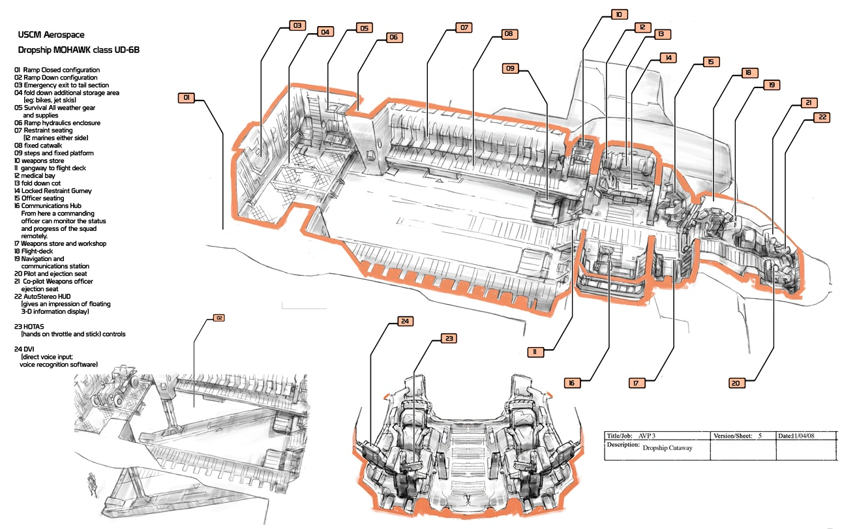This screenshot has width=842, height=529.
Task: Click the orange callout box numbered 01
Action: (x=186, y=98)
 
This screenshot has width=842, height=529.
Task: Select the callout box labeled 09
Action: (x=510, y=68)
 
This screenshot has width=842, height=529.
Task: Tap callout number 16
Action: (x=572, y=383)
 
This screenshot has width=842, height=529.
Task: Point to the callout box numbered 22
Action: (x=822, y=117)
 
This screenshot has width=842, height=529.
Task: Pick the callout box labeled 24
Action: (x=405, y=322)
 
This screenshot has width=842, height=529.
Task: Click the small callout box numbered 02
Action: (x=218, y=318)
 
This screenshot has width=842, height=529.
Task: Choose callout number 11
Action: (x=535, y=352)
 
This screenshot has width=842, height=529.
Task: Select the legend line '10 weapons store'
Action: (x=39, y=160)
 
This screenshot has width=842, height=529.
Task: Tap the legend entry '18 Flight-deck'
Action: (x=33, y=251)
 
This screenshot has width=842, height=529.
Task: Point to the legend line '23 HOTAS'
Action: (x=29, y=327)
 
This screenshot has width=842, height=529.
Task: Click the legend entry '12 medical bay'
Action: (x=35, y=175)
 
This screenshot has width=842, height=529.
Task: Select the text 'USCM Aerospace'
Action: (x=51, y=35)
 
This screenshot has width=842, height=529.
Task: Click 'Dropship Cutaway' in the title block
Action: (x=667, y=447)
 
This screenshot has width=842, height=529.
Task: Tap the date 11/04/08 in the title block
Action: (x=804, y=436)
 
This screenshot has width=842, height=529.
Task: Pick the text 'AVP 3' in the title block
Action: (x=646, y=436)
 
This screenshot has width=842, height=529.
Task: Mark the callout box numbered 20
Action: (x=736, y=384)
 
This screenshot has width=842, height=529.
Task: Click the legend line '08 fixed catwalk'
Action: (x=38, y=145)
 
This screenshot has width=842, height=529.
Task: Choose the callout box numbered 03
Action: (x=297, y=25)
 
